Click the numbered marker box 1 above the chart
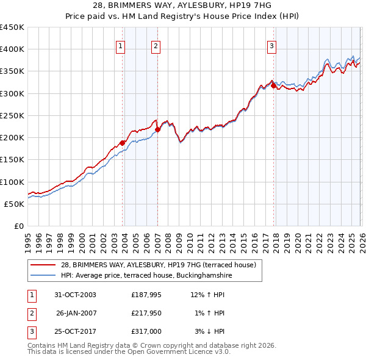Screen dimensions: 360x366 pyautogui.click(x=120, y=46)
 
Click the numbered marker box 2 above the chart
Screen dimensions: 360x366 pyautogui.click(x=156, y=46)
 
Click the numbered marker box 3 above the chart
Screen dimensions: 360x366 pyautogui.click(x=271, y=46)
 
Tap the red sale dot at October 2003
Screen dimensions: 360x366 pyautogui.click(x=123, y=143)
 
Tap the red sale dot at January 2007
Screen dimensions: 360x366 pyautogui.click(x=157, y=129)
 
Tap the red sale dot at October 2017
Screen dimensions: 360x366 pyautogui.click(x=273, y=85)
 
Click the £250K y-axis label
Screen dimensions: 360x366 pyautogui.click(x=12, y=115)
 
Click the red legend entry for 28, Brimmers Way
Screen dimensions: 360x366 pyautogui.click(x=162, y=265)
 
